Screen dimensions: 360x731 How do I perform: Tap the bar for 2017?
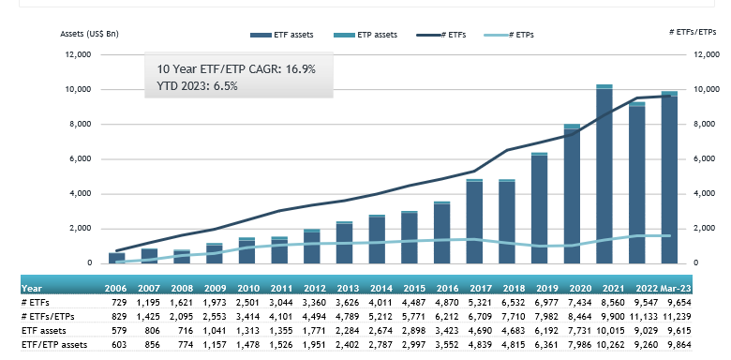474,221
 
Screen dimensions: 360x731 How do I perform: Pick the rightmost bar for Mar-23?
669,178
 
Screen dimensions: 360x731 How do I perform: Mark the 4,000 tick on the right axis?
704,194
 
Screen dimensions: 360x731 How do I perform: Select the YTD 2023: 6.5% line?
197,85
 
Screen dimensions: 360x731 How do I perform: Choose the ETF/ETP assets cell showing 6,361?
541,345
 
